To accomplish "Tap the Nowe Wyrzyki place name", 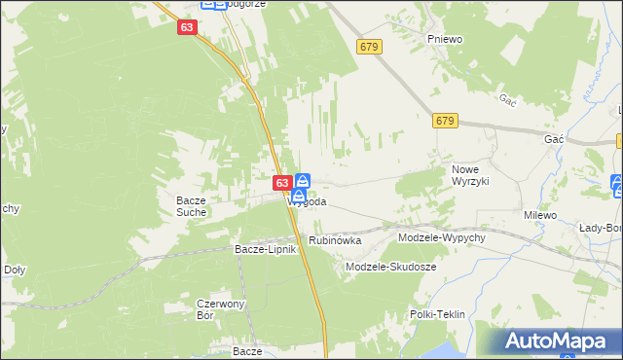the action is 475,175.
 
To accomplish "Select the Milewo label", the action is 539,215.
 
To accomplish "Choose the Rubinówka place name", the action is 335,240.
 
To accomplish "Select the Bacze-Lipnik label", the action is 264,249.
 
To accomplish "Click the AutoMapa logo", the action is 557,342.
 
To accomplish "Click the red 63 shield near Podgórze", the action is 188,29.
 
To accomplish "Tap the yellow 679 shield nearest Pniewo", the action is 368,47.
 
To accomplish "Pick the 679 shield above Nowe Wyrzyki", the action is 446,120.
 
